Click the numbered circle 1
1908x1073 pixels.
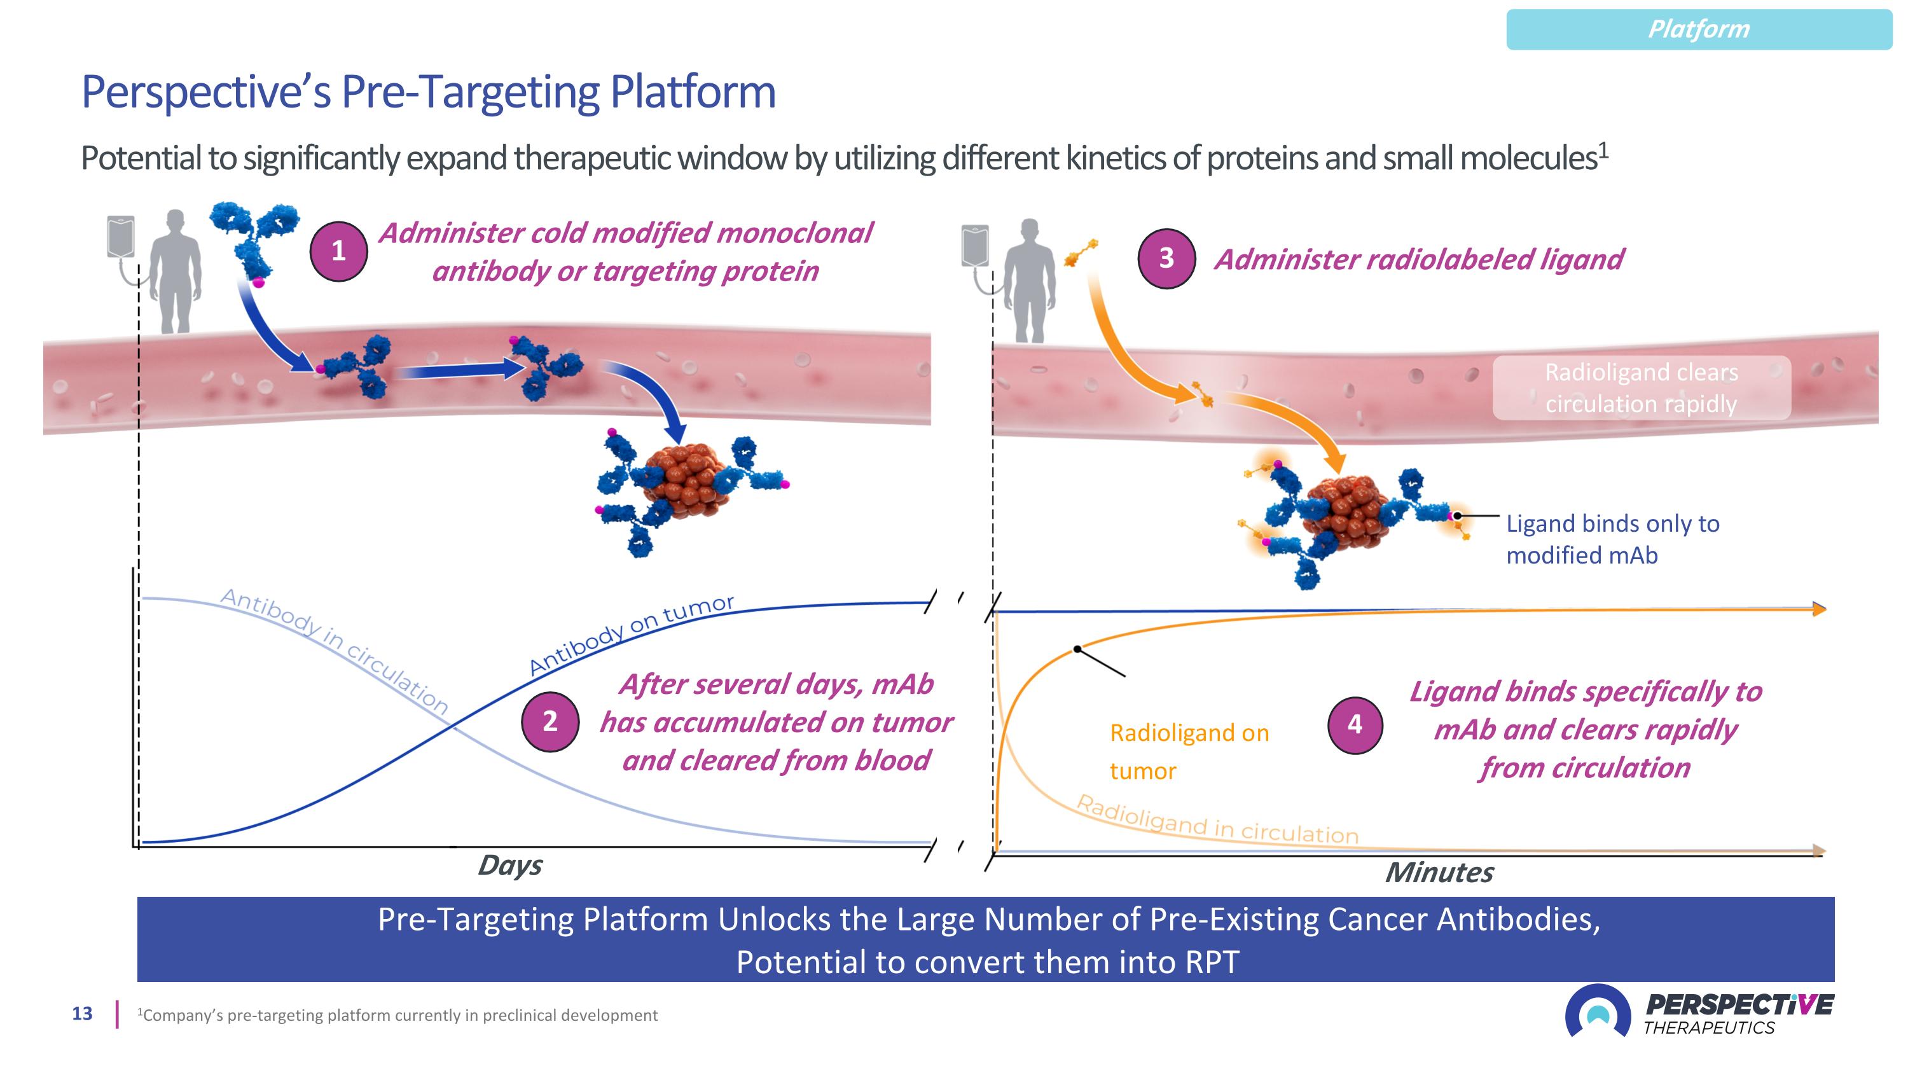click(338, 251)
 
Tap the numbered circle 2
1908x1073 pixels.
click(550, 721)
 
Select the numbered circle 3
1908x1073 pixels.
click(1166, 258)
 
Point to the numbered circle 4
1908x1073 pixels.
click(1355, 724)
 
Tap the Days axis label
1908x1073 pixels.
click(509, 865)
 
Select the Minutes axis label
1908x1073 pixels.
click(1439, 872)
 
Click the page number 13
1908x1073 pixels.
click(82, 1014)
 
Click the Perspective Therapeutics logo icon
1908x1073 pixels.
click(1597, 1013)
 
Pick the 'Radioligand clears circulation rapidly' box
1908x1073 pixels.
click(1641, 388)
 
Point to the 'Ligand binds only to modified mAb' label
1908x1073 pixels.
click(1612, 539)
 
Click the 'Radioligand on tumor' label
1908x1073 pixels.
click(1188, 752)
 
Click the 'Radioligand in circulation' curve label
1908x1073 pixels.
click(1216, 821)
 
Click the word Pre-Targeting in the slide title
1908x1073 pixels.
click(471, 93)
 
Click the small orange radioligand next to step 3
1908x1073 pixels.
click(1081, 253)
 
